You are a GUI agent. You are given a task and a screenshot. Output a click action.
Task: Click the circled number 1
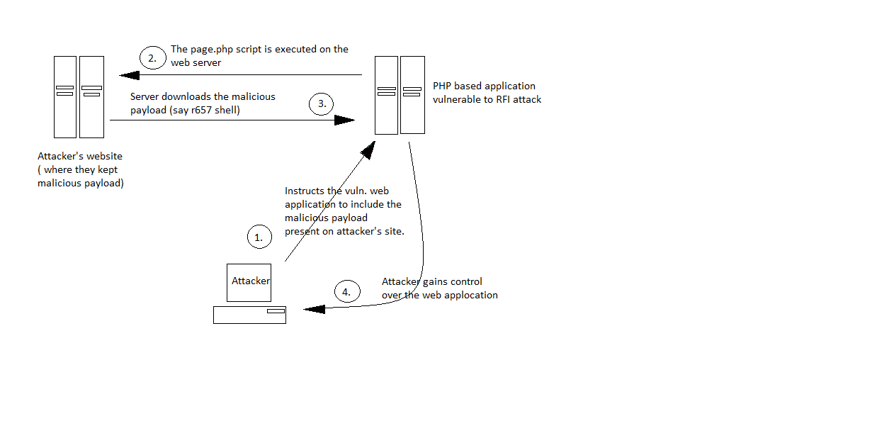pyautogui.click(x=259, y=237)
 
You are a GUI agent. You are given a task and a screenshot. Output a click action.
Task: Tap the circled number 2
pyautogui.click(x=152, y=57)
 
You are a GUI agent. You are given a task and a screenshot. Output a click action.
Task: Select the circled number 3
pyautogui.click(x=321, y=103)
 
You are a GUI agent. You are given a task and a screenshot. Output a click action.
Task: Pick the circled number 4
pyautogui.click(x=346, y=291)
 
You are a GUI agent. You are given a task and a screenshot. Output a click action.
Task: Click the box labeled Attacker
pyautogui.click(x=249, y=282)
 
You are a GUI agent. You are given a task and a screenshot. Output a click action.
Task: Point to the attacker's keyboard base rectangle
pyautogui.click(x=249, y=315)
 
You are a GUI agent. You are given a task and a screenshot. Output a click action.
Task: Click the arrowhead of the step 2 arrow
pyautogui.click(x=128, y=75)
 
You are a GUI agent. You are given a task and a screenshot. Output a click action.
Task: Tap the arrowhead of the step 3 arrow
pyautogui.click(x=345, y=120)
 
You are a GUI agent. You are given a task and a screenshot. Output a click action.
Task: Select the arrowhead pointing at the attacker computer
pyautogui.click(x=312, y=309)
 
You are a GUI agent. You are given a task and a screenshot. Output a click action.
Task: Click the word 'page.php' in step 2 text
pyautogui.click(x=210, y=50)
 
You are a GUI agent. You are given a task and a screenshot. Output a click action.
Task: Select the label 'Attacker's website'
pyautogui.click(x=80, y=156)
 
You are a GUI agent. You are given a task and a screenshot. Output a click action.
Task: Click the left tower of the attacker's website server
pyautogui.click(x=65, y=97)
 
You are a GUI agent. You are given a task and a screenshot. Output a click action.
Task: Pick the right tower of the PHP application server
pyautogui.click(x=412, y=95)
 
